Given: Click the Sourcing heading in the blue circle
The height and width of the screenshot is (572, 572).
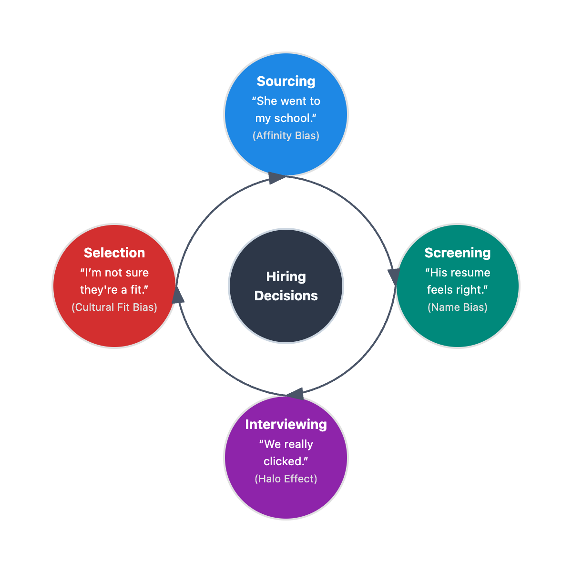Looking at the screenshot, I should click(x=286, y=82).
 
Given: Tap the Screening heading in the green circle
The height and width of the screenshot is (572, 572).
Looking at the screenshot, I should click(x=458, y=253).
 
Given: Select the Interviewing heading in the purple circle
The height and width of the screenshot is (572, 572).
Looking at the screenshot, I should click(x=286, y=425).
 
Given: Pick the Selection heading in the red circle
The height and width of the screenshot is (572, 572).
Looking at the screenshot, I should click(x=114, y=253).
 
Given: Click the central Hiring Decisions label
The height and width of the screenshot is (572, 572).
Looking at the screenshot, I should click(x=286, y=286).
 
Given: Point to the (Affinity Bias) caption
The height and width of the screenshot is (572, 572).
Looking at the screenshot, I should click(x=286, y=136).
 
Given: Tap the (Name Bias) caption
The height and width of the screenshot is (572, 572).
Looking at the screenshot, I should click(x=458, y=307).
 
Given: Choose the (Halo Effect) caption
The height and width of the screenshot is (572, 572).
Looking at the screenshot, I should click(x=286, y=479).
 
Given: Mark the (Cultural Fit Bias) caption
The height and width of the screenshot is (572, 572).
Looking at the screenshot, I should click(x=114, y=307).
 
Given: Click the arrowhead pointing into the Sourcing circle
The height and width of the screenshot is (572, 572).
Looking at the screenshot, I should click(x=277, y=178).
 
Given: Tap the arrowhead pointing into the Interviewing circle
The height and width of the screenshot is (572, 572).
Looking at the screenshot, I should click(x=296, y=394).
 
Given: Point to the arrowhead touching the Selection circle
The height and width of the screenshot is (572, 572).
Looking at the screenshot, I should click(x=178, y=295).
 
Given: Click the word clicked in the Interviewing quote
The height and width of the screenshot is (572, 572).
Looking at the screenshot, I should click(x=283, y=461).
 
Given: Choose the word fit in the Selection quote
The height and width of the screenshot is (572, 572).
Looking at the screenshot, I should click(x=136, y=290).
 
